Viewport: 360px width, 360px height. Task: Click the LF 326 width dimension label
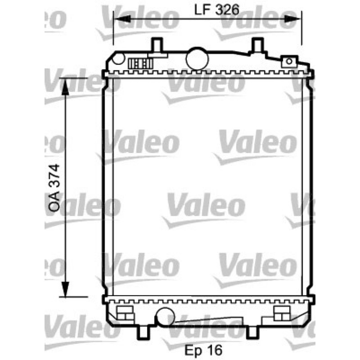coord(216,10)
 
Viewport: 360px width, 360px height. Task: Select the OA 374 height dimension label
coord(54,188)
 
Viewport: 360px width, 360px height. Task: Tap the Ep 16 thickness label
coord(203,350)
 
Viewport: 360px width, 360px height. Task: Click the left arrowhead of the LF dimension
coord(122,19)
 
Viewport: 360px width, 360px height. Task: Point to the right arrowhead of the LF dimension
coord(292,19)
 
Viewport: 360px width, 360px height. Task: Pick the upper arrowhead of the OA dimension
coord(65,87)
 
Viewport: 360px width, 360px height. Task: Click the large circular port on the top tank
coord(197,58)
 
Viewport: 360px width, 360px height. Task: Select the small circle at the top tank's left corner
coord(118,58)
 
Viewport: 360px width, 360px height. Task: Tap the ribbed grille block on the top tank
coord(140,63)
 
